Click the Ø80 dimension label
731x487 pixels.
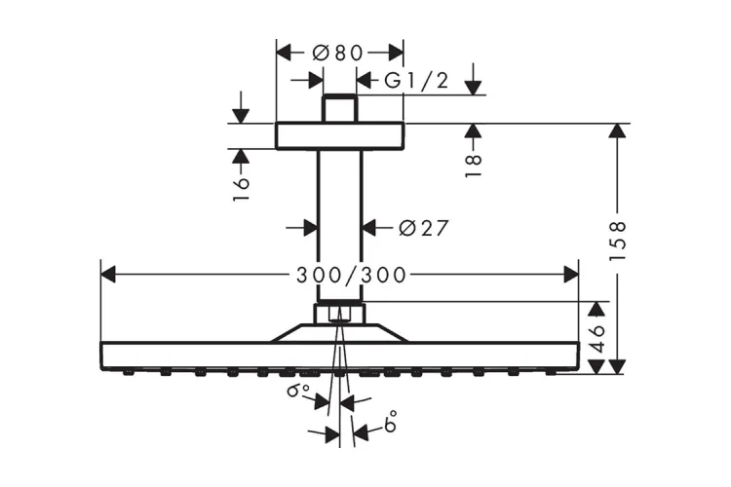tap(337, 53)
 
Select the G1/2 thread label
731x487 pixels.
tap(415, 81)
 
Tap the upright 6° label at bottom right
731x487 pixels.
tap(391, 423)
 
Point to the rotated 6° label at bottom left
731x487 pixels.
tap(296, 393)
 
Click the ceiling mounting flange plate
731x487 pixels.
tap(339, 135)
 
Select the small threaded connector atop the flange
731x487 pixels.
tap(339, 108)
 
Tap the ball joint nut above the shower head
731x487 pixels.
tap(339, 313)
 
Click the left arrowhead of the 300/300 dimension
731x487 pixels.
tap(106, 276)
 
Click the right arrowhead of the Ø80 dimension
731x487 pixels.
tap(398, 53)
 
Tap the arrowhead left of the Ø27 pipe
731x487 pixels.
tap(311, 228)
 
